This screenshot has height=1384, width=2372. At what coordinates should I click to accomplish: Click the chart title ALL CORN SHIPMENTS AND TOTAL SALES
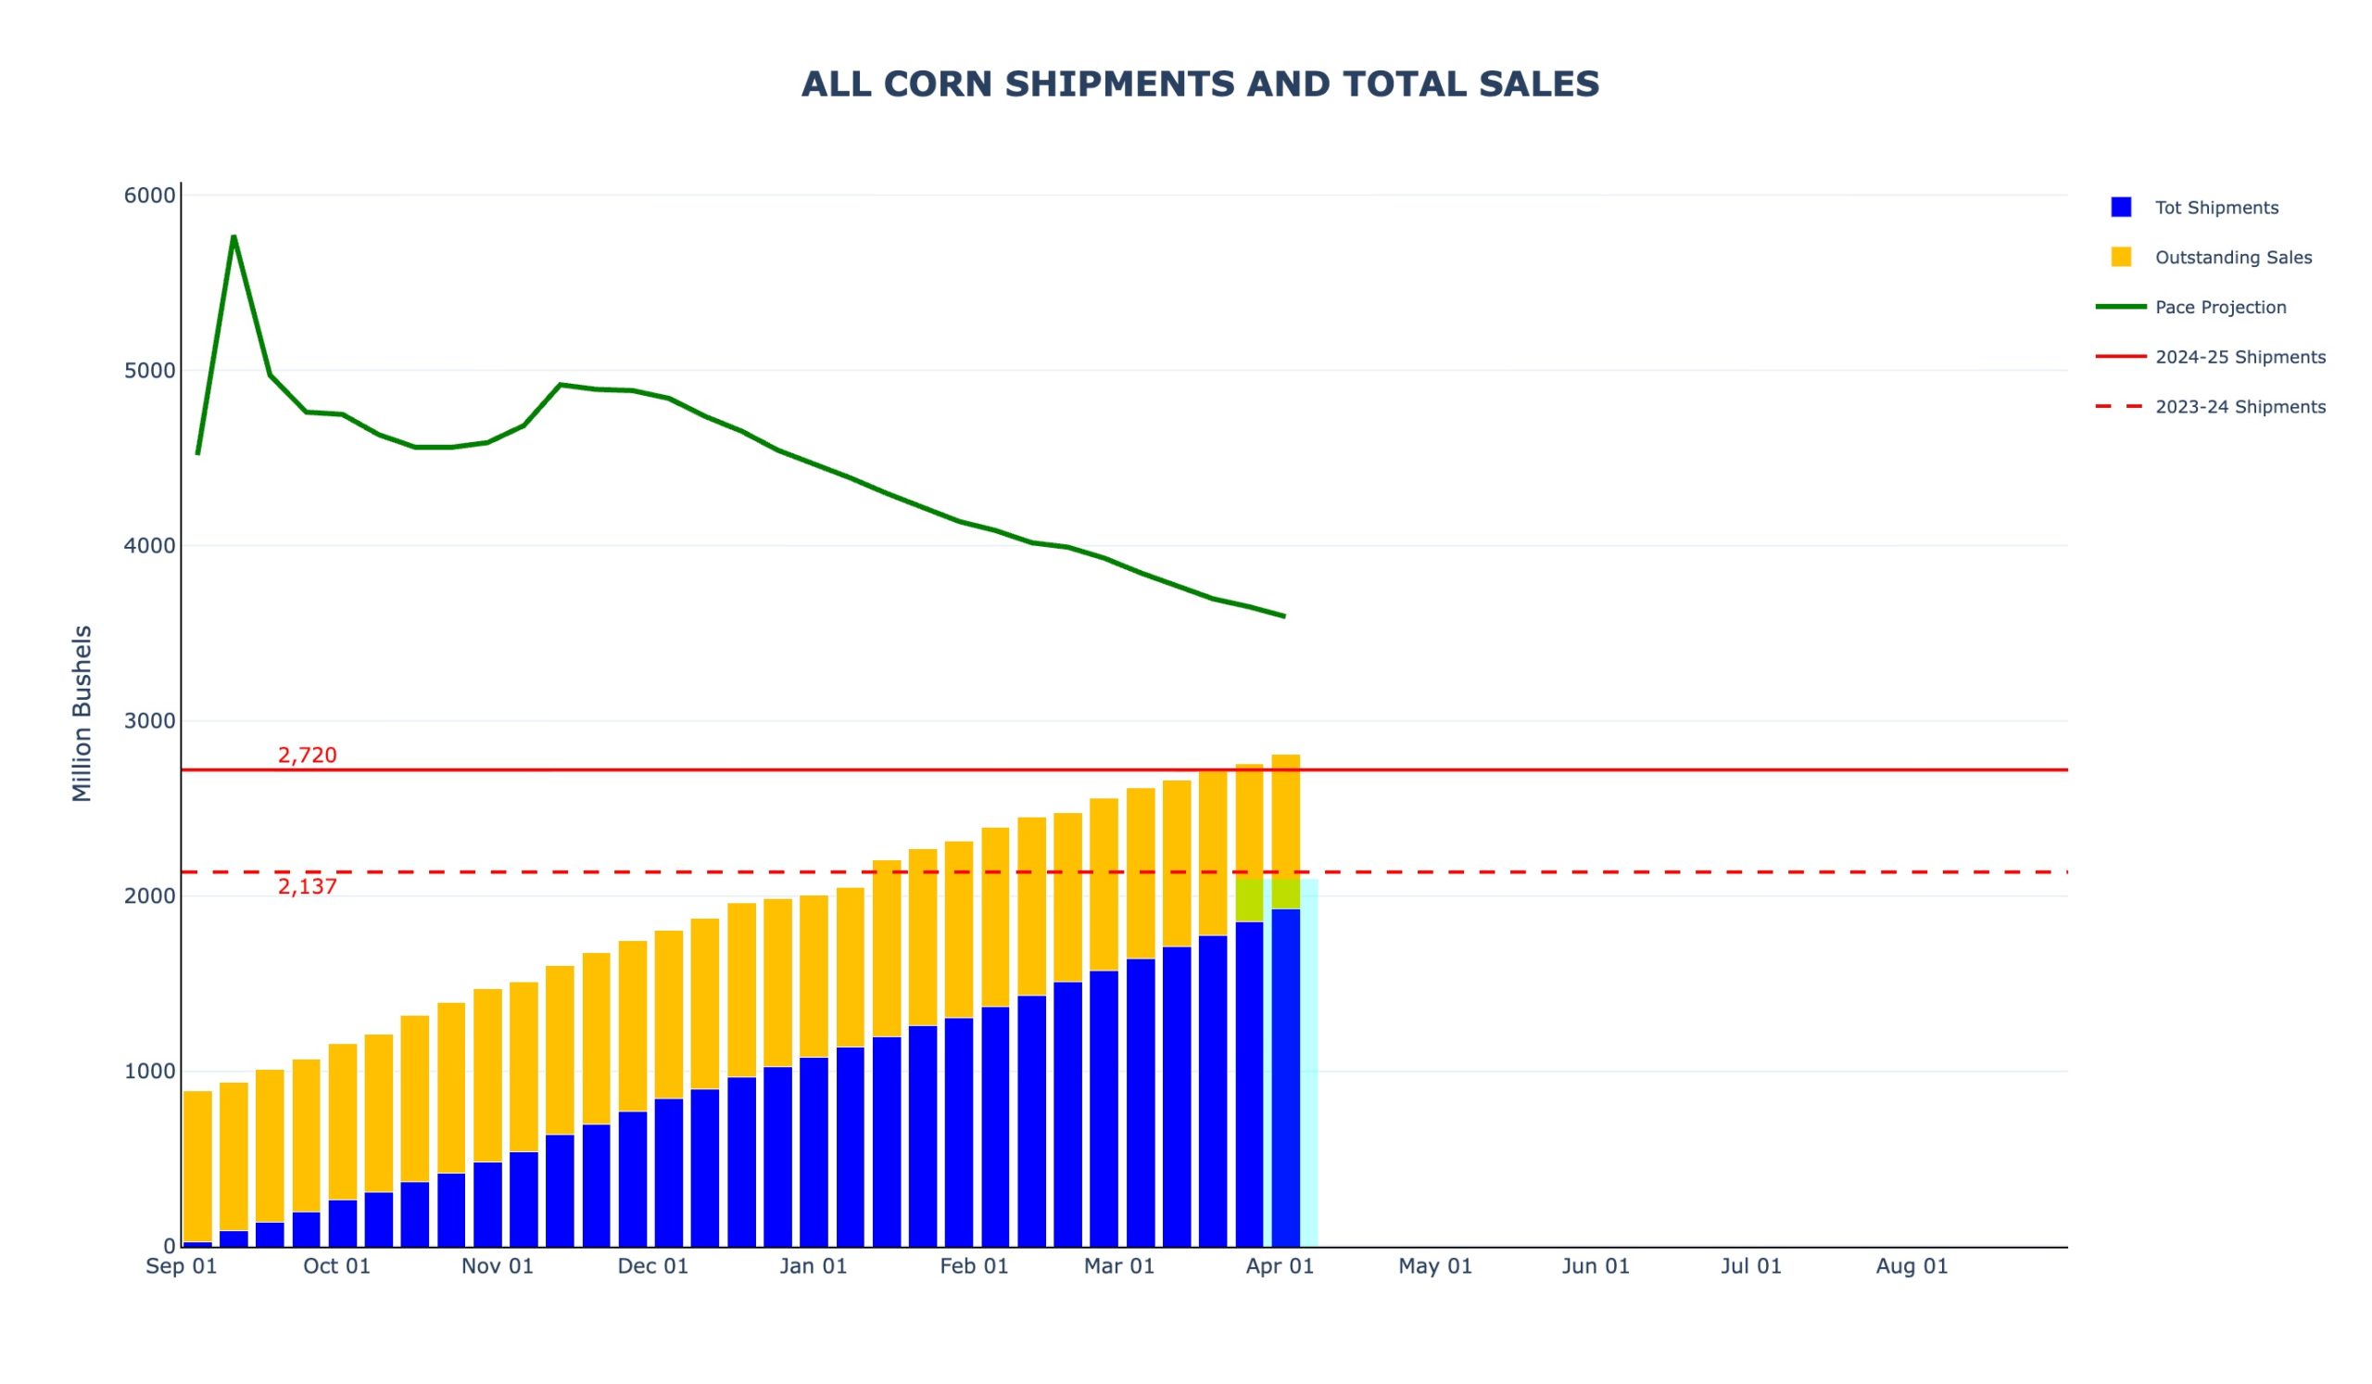[x=1200, y=84]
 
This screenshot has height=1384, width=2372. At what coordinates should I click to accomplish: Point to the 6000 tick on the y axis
[x=150, y=196]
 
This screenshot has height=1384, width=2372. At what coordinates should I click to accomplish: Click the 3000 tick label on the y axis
[x=150, y=721]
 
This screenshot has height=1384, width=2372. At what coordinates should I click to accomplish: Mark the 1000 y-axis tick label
[x=150, y=1072]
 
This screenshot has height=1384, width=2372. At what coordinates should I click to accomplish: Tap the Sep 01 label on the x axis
[x=182, y=1266]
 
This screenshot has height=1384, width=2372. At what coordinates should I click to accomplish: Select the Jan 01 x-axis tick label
[x=814, y=1266]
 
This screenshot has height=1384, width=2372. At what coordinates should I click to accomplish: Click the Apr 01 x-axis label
[x=1280, y=1266]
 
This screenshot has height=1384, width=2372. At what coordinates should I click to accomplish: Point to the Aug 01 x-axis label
[x=1911, y=1266]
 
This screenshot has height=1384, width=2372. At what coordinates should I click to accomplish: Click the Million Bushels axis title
[x=82, y=714]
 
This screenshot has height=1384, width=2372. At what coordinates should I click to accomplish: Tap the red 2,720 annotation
[x=307, y=755]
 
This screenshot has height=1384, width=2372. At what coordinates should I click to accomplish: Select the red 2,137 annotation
[x=307, y=887]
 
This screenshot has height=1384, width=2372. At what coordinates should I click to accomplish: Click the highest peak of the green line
[x=233, y=236]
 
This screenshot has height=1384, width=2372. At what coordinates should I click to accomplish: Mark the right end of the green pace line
[x=1284, y=616]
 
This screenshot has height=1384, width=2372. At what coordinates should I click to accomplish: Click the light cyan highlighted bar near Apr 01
[x=1308, y=1064]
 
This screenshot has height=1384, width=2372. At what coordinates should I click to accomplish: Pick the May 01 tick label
[x=1435, y=1266]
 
